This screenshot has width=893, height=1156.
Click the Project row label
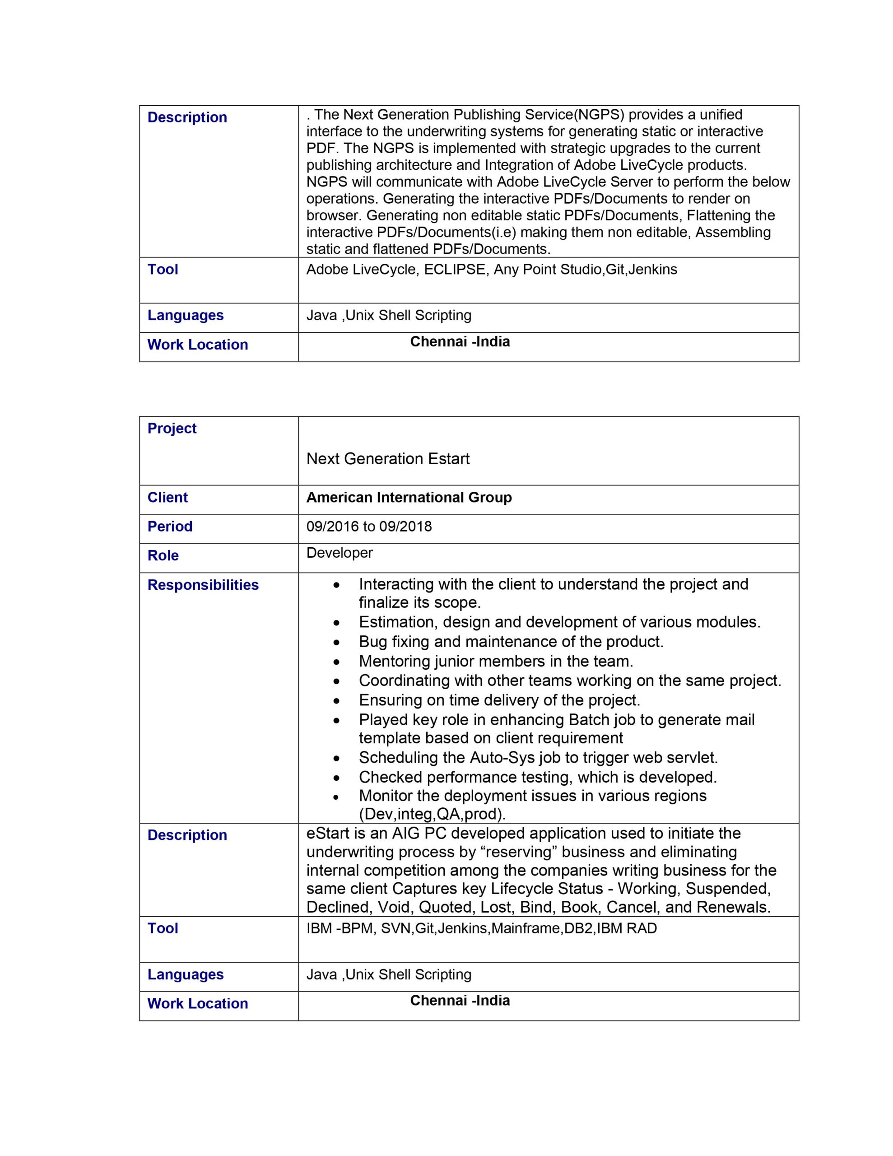172,428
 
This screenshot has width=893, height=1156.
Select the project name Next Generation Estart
387,458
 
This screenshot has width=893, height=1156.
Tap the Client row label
167,498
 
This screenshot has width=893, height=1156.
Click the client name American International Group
409,498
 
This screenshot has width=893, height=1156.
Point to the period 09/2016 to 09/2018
369,527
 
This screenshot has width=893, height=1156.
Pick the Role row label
163,556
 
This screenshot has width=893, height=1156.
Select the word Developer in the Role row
340,553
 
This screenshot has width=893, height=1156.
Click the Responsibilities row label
203,585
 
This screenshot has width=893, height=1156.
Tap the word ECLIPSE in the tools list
454,270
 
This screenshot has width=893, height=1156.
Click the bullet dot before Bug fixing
337,643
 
